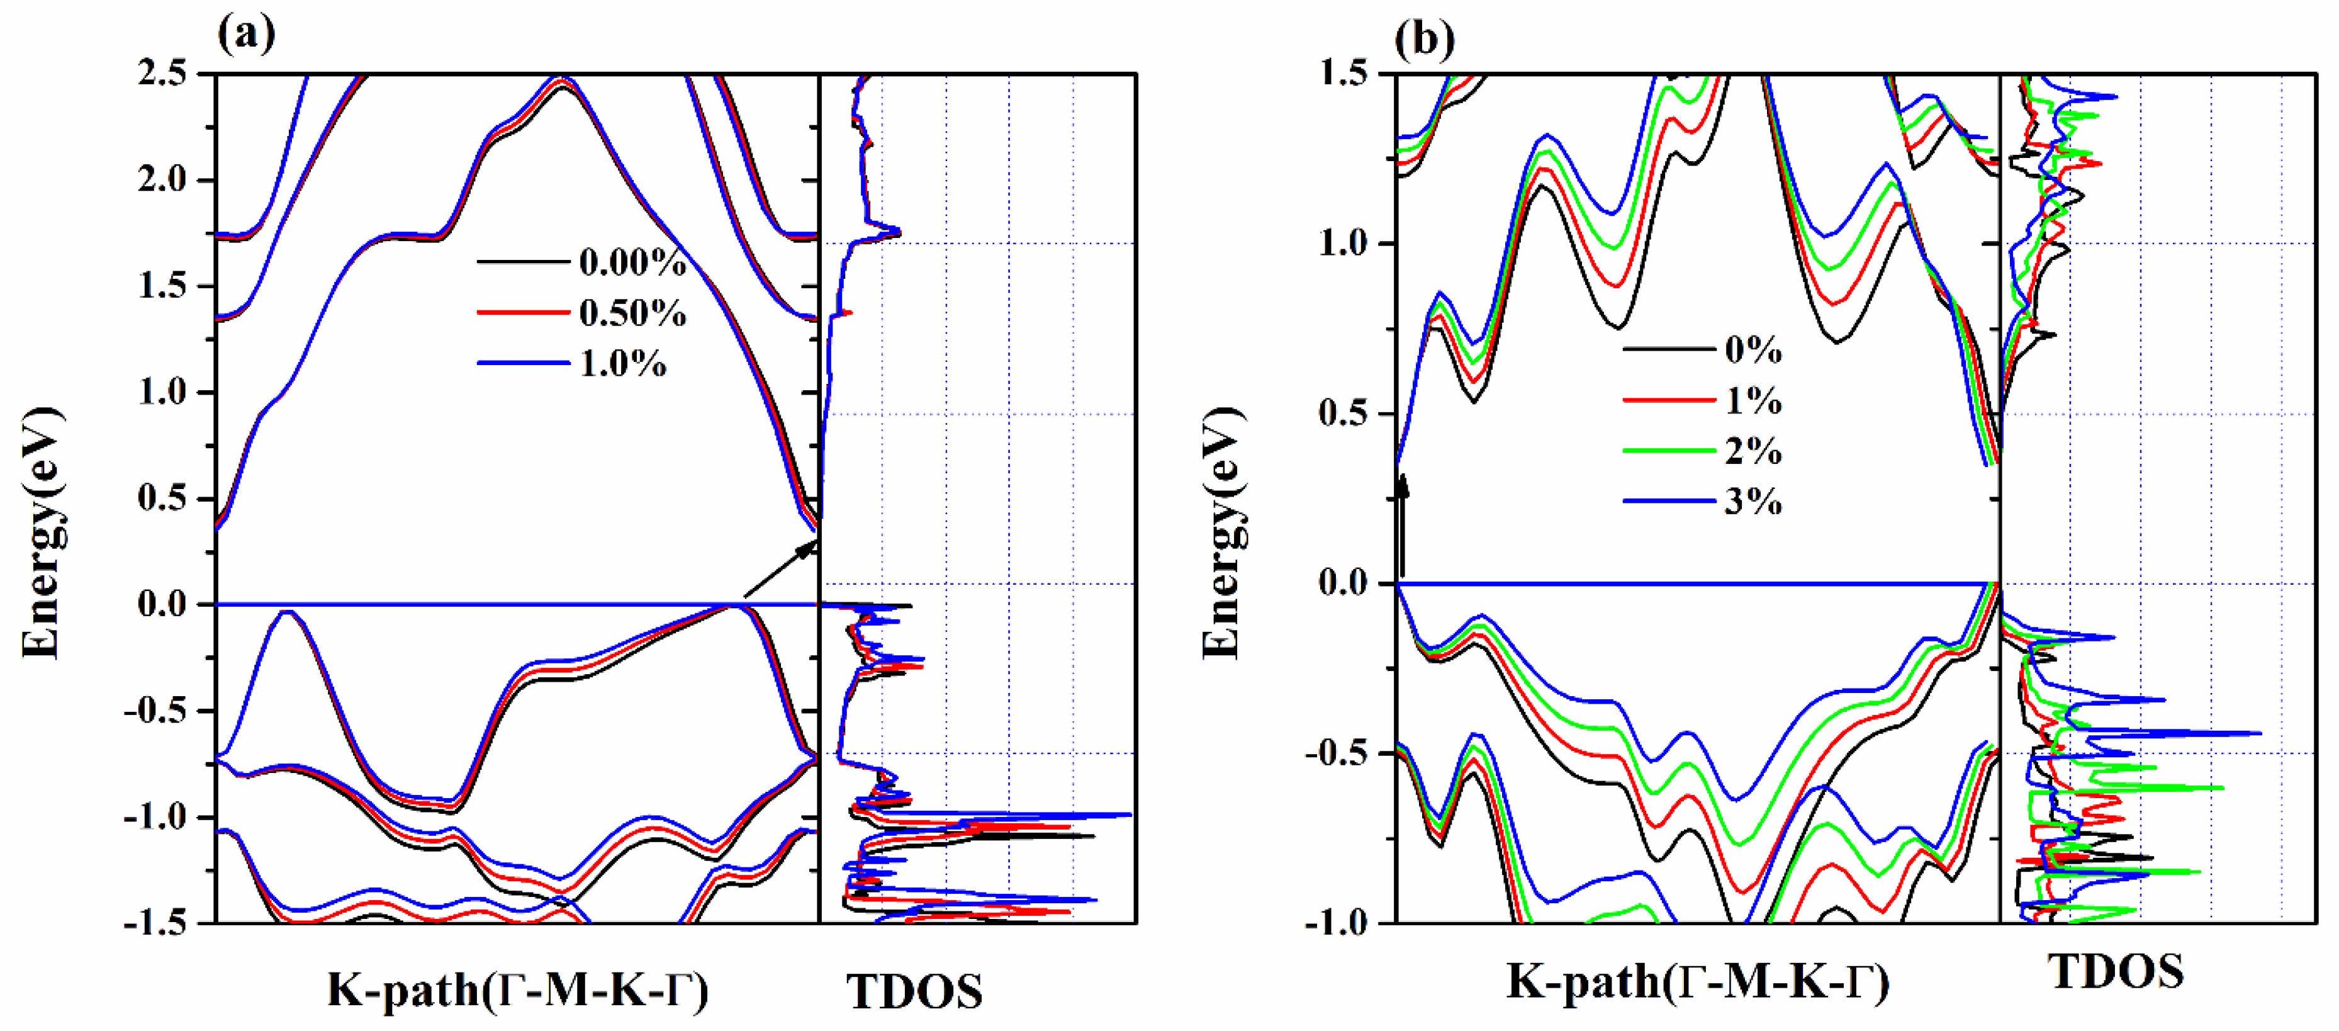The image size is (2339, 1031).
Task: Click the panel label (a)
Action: point(246,35)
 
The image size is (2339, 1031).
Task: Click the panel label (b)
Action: point(1424,39)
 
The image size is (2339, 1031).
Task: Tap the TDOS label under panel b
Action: point(2116,973)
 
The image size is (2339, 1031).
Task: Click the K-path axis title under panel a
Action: point(517,989)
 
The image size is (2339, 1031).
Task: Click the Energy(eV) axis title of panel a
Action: point(42,532)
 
